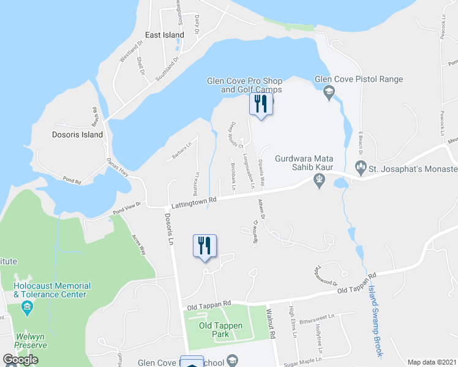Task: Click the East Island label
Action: pos(165,35)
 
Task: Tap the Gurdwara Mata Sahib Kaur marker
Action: pos(318,179)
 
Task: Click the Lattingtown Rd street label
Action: pos(194,199)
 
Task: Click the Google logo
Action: pos(21,360)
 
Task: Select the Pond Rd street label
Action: pos(72,179)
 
